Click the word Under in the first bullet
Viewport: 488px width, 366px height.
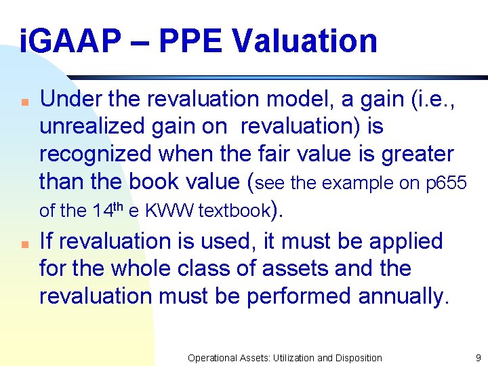point(68,99)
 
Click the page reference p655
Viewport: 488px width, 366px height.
point(445,183)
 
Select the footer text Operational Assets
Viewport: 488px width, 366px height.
point(231,357)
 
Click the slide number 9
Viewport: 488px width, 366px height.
point(478,357)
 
